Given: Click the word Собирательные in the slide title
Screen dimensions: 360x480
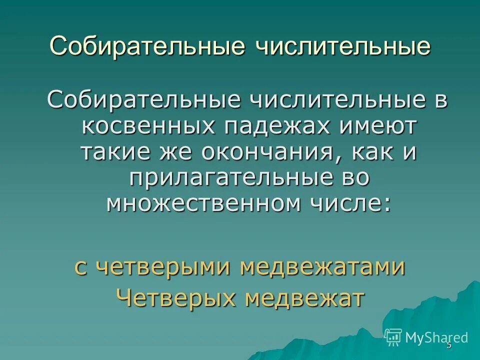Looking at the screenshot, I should coord(147,46).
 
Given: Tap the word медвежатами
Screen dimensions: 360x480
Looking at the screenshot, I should coord(322,267).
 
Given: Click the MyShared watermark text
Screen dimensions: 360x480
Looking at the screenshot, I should coord(436,338).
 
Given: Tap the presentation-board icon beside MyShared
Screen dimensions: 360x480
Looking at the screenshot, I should coord(393,337).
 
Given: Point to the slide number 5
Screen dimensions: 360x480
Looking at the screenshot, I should coord(448,345).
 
